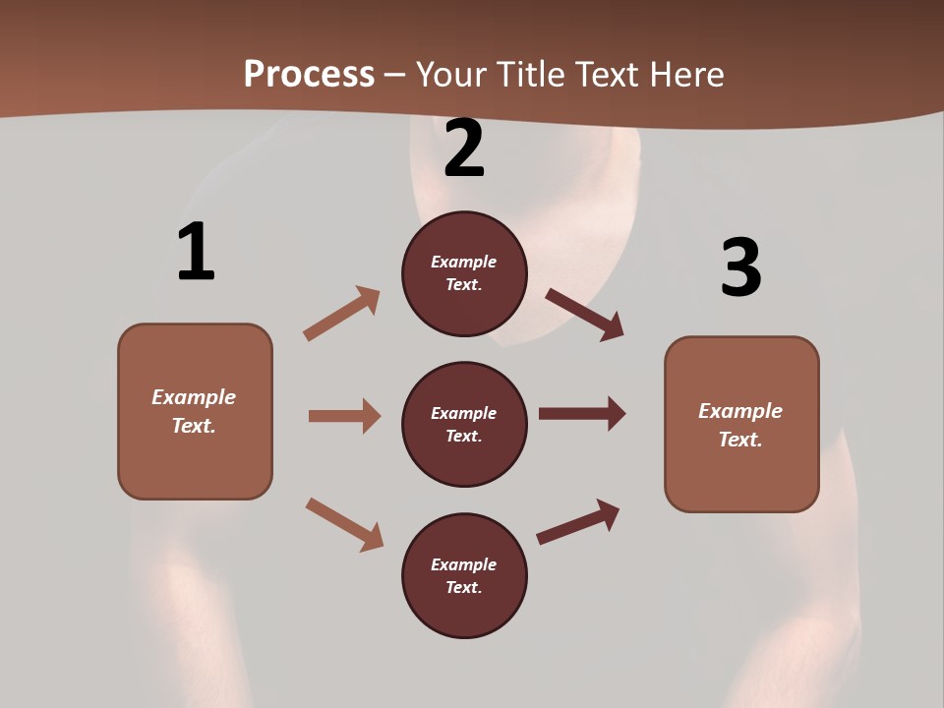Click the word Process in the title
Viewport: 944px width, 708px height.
(x=309, y=74)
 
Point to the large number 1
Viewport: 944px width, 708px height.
(x=196, y=253)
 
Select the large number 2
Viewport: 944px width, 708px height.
(x=464, y=148)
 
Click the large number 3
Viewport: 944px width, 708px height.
(x=740, y=268)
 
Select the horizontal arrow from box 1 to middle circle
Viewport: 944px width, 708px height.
(x=344, y=416)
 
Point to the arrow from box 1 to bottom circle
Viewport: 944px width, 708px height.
(x=344, y=524)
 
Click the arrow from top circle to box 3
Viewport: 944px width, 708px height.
(x=585, y=315)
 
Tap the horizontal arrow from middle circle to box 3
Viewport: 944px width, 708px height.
(x=582, y=414)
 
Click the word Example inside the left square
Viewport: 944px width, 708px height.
(x=194, y=397)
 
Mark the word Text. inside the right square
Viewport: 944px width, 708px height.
(x=740, y=440)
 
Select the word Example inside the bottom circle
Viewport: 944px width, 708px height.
(x=464, y=564)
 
